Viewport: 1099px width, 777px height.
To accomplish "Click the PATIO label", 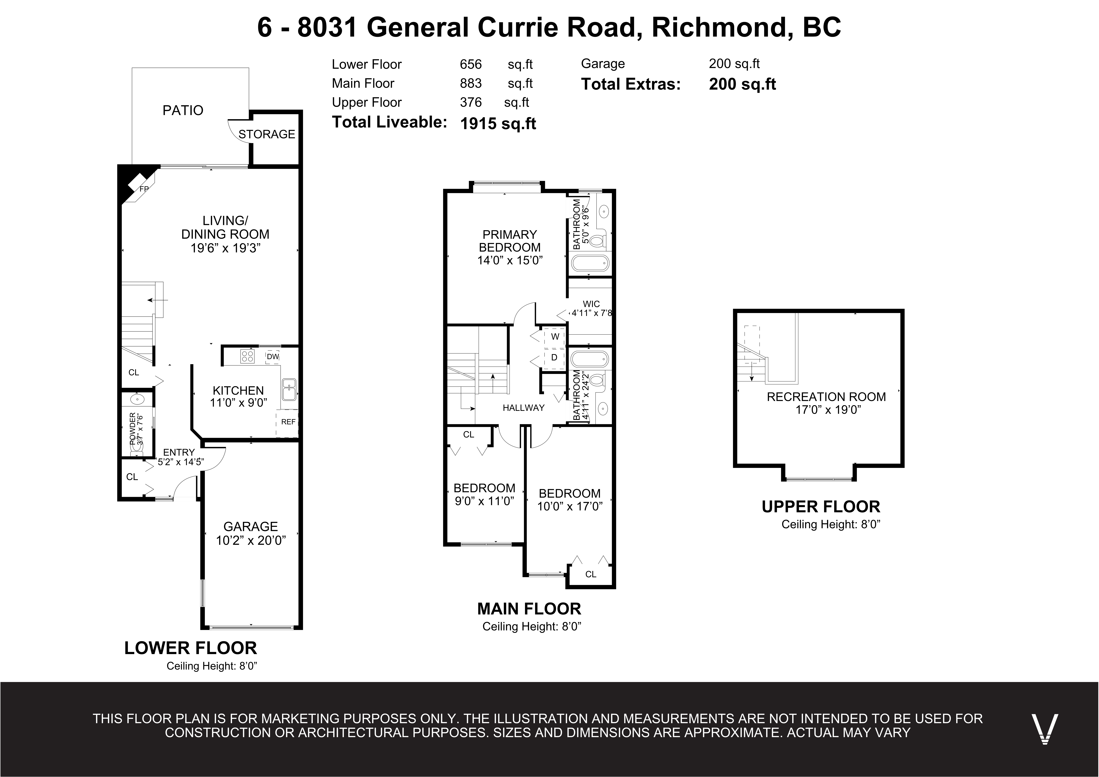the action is (x=183, y=111).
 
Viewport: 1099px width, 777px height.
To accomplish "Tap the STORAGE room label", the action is (x=267, y=135).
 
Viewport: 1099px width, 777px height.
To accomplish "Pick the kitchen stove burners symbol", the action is (x=247, y=356).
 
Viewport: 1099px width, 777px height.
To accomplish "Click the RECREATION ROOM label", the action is (x=826, y=397).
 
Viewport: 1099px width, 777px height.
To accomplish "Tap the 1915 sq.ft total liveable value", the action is (x=498, y=124).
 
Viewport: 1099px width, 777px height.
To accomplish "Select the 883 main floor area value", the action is (x=471, y=83).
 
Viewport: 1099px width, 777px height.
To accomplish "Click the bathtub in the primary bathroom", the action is (x=590, y=262).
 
